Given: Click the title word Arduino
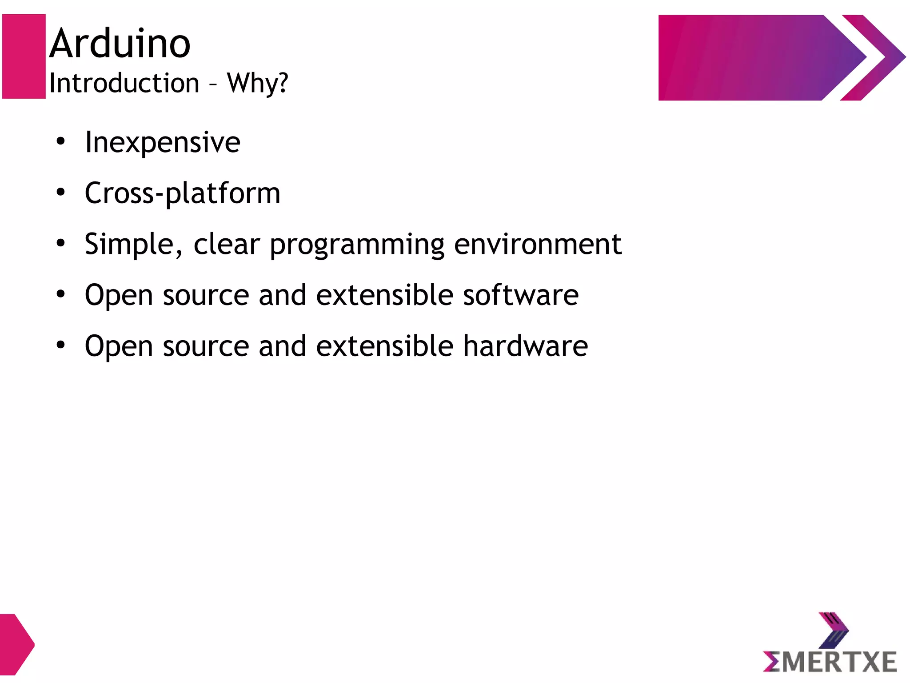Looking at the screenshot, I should [120, 44].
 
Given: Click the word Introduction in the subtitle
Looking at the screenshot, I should [124, 83].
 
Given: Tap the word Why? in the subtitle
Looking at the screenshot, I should [257, 83].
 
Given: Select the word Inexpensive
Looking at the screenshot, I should [163, 143].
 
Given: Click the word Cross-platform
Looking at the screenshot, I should [183, 194].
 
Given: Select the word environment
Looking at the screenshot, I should [537, 245].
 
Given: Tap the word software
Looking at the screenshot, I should [521, 295].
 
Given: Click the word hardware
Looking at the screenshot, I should [525, 346].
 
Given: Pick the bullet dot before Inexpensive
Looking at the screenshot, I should [61, 142].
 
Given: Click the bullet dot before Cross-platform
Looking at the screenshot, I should [61, 193].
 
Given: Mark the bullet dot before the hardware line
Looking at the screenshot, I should [61, 345].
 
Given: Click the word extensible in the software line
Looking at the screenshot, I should [384, 295].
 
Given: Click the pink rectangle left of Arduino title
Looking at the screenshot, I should [24, 56].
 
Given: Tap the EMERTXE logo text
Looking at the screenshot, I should [830, 662].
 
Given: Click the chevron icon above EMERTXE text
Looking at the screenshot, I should [833, 630].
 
